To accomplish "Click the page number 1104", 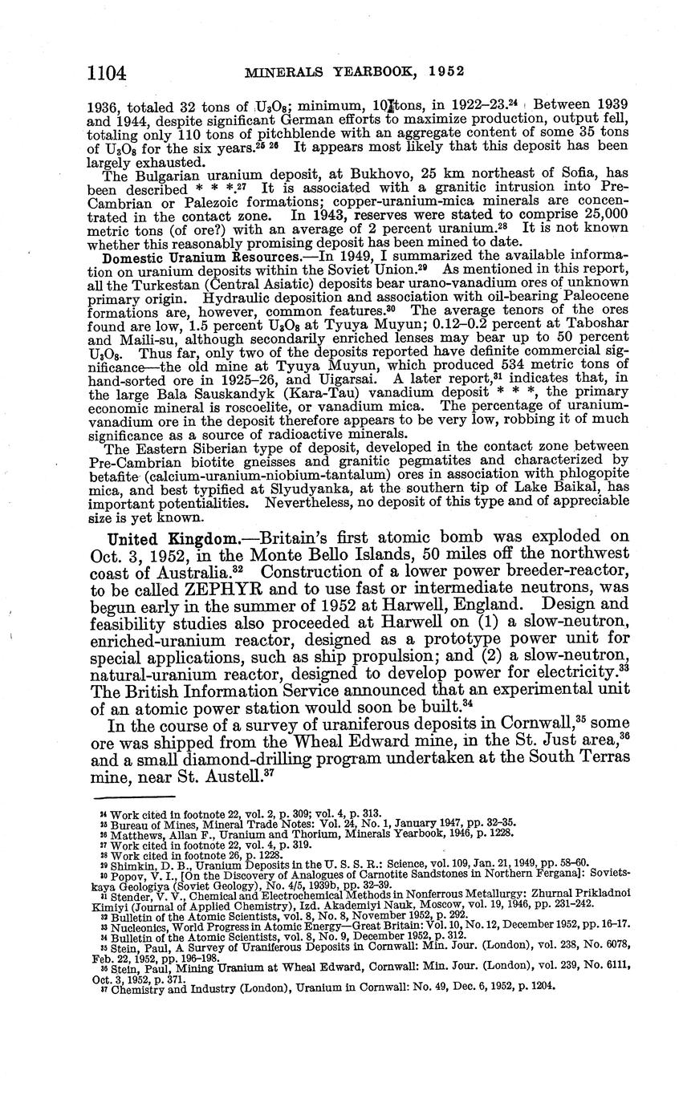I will point(108,73).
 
